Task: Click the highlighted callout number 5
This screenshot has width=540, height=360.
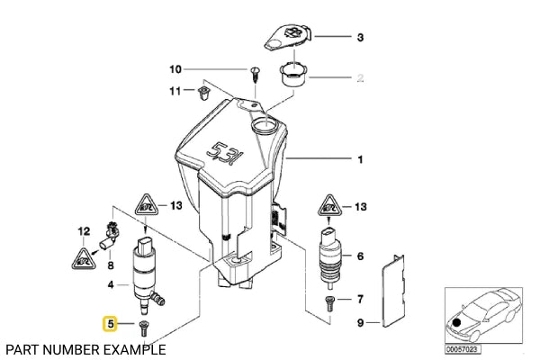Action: pos(111,324)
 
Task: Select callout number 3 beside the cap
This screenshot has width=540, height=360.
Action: pos(360,37)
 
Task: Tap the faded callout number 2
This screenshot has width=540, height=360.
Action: pos(360,78)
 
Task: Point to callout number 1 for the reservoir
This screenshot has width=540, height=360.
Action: pos(361,159)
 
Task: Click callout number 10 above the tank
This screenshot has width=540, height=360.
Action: pos(175,69)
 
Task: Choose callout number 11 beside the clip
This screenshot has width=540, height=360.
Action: pos(175,91)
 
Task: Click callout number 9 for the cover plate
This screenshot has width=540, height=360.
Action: pos(360,323)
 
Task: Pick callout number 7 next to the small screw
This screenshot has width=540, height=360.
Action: pos(360,299)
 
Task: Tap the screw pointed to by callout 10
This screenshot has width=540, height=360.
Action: pos(255,74)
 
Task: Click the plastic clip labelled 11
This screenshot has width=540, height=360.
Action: pos(202,94)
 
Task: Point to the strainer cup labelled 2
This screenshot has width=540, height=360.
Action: pos(293,76)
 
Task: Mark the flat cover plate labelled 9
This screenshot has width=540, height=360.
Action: pos(392,291)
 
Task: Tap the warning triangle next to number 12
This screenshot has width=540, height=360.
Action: pos(84,259)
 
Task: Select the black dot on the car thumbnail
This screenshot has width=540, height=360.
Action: pos(456,323)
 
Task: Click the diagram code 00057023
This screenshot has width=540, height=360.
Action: pos(463,349)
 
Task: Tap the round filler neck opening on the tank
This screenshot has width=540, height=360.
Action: pos(264,125)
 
